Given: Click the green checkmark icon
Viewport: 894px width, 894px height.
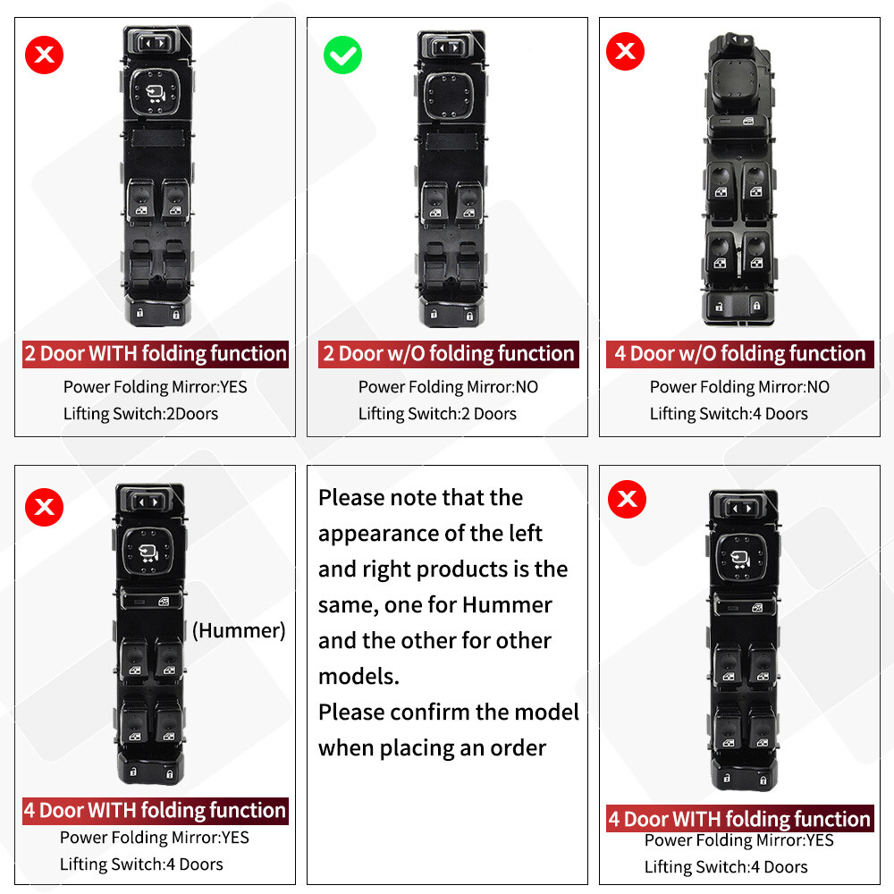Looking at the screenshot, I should pos(342,55).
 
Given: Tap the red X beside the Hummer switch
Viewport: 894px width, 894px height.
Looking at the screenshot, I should pos(44,508).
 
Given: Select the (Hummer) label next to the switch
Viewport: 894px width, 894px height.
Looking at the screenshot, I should pos(239,630).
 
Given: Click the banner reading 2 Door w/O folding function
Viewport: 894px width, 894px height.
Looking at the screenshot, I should pos(449,354).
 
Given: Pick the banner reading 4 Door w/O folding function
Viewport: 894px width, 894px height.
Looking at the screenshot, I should pos(740,354).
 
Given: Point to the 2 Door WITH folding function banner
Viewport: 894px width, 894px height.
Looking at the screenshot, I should pos(156,354).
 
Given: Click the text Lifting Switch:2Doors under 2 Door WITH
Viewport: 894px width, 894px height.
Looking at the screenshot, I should pos(140,413).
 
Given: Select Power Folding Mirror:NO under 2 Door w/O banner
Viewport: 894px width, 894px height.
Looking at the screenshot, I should pos(448,387).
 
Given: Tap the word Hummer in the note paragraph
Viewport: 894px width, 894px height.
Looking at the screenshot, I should pos(507,605).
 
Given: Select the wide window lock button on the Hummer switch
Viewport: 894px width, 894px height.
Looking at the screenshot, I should pos(149,600).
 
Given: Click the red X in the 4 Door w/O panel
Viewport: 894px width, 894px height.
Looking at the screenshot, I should pos(626,52).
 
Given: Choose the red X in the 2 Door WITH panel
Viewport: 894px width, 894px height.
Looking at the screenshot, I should pos(44,55).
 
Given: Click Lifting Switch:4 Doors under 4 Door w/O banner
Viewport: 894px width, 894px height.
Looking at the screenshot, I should pos(729,413).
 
